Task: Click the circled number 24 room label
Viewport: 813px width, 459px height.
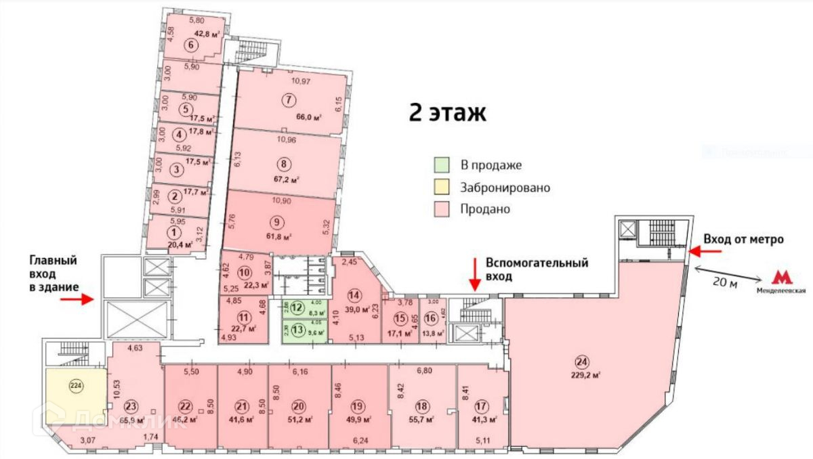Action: (x=581, y=361)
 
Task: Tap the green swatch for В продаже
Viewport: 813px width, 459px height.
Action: (x=440, y=165)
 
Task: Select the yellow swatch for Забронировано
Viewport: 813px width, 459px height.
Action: (x=440, y=187)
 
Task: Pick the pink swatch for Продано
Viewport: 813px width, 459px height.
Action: (x=440, y=209)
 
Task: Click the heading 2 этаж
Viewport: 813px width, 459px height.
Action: (x=447, y=112)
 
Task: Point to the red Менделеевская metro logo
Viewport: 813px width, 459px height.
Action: (x=784, y=276)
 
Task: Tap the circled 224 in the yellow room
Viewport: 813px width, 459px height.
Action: (x=75, y=387)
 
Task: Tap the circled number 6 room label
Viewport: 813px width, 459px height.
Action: (x=191, y=46)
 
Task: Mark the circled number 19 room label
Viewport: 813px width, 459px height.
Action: (x=359, y=406)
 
